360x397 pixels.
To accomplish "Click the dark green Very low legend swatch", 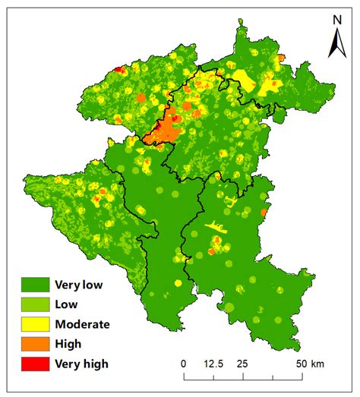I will click(35, 285).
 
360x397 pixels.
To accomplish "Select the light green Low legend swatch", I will click(35, 304).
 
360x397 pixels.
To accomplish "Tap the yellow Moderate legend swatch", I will click(35, 324).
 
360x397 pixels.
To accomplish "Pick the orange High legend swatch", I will click(35, 344).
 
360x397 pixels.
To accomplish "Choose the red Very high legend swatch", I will click(35, 364).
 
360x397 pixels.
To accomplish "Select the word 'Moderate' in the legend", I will click(82, 324).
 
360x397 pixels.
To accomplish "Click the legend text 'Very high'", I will click(81, 364).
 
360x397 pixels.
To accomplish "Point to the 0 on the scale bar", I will click(183, 364).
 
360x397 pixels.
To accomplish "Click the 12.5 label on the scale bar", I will click(213, 364).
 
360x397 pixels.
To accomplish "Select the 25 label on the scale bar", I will click(242, 364).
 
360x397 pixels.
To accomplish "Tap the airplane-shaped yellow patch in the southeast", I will click(216, 227).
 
